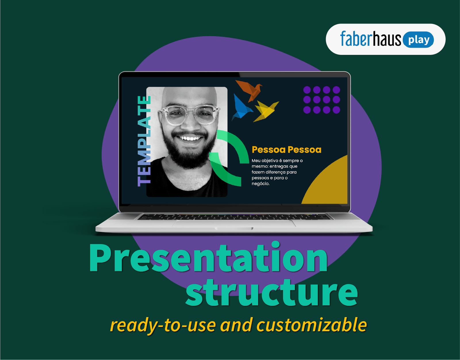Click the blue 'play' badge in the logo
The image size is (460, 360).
[x=418, y=40]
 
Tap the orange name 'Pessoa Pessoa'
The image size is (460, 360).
[x=286, y=150]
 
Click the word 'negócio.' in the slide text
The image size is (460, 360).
[x=260, y=184]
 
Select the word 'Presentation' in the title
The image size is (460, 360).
[x=208, y=258]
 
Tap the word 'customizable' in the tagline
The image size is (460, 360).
[x=312, y=325]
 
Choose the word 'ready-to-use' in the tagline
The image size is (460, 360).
[x=163, y=325]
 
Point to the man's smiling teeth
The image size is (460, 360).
[x=189, y=139]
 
